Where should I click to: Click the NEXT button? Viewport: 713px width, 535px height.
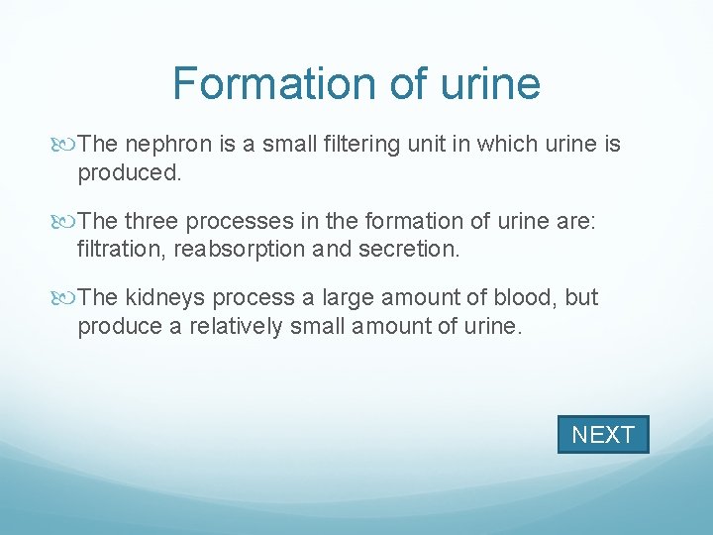pyautogui.click(x=603, y=435)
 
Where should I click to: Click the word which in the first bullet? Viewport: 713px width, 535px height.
pyautogui.click(x=504, y=145)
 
